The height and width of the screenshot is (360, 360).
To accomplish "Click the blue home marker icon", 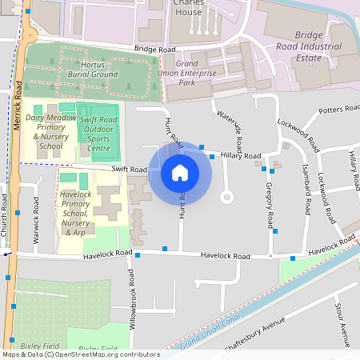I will point(180,172).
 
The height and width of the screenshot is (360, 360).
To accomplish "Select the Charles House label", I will point(187,8).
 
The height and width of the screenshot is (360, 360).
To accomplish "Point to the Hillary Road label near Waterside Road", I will point(241,155).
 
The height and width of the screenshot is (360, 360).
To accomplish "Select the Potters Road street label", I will point(340,109).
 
